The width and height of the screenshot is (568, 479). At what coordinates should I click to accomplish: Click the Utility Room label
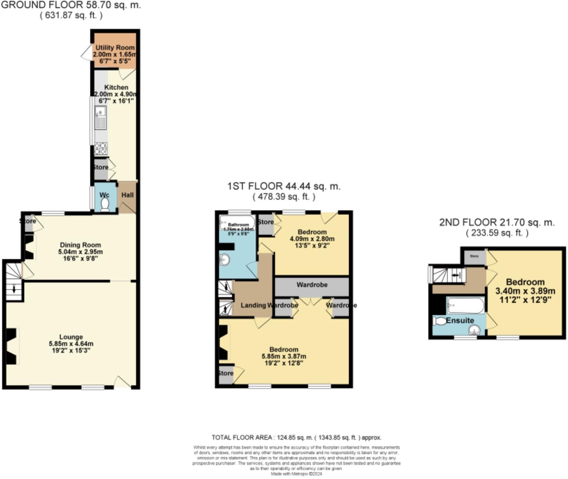(115, 48)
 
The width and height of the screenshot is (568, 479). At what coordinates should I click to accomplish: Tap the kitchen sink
(100, 118)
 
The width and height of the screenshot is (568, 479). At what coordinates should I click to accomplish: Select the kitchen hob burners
(101, 148)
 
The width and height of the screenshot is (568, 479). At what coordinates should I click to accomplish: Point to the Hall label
(127, 195)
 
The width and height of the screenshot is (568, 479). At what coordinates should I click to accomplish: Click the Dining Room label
(80, 245)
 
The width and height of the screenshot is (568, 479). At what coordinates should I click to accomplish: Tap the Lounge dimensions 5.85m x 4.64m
(71, 344)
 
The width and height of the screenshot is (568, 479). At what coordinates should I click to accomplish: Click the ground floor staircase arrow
(14, 289)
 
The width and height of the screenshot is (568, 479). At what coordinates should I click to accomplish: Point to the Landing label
(254, 305)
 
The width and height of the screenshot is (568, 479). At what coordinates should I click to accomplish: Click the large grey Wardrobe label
(312, 285)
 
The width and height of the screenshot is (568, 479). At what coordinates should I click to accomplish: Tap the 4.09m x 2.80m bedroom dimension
(312, 239)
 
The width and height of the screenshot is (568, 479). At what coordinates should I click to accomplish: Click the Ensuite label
(460, 320)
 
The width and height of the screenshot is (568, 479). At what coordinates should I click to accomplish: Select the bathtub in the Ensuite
(465, 305)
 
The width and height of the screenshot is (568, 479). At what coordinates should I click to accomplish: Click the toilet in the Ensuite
(439, 321)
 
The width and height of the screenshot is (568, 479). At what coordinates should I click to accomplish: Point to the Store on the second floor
(474, 257)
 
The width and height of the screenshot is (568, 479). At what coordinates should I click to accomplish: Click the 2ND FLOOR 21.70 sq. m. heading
(497, 222)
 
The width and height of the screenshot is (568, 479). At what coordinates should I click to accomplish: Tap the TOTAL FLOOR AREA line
(296, 438)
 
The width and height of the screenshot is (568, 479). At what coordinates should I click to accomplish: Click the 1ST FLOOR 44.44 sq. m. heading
(284, 186)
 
